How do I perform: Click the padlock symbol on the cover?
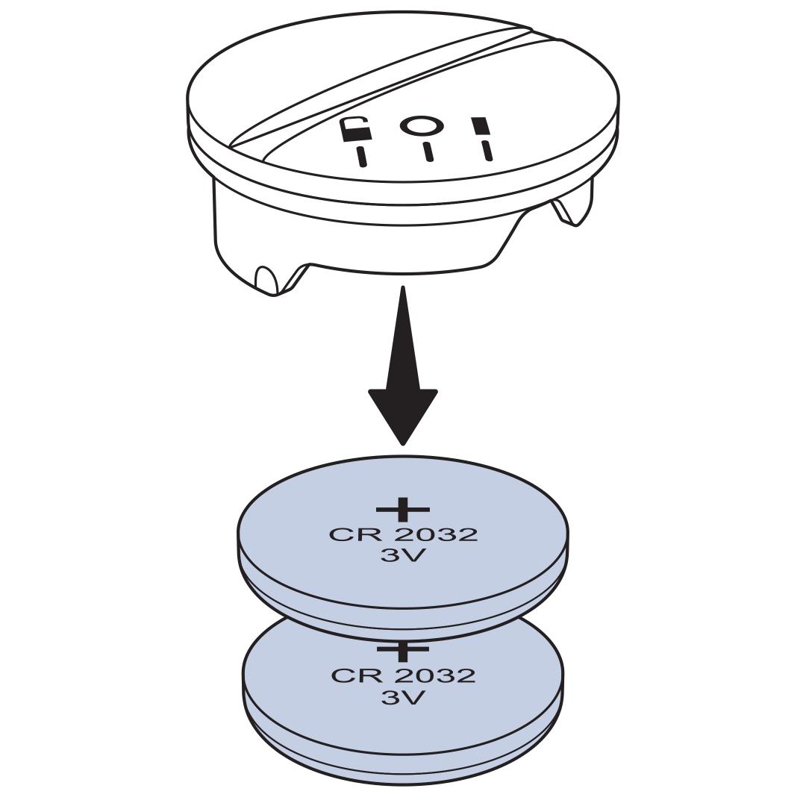pyautogui.click(x=356, y=130)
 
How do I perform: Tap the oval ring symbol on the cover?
pyautogui.click(x=422, y=125)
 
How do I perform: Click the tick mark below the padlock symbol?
pyautogui.click(x=362, y=157)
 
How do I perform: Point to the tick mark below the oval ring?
pyautogui.click(x=428, y=151)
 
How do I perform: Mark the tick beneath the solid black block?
pyautogui.click(x=487, y=150)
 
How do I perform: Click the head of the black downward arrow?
pyautogui.click(x=403, y=414)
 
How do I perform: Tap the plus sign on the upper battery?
pyautogui.click(x=403, y=510)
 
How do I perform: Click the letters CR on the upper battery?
pyautogui.click(x=352, y=535)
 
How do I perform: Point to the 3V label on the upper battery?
pyautogui.click(x=403, y=556)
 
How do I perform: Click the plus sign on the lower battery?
pyautogui.click(x=403, y=651)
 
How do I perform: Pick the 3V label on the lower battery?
pyautogui.click(x=403, y=698)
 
